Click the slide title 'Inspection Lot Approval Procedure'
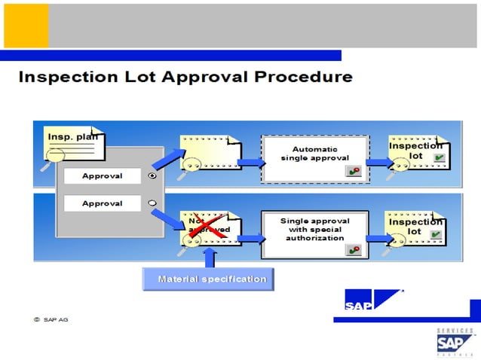click(185, 77)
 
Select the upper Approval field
click(103, 175)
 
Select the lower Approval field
click(103, 203)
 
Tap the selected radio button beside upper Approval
click(153, 175)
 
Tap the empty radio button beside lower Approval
click(153, 203)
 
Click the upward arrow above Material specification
click(210, 258)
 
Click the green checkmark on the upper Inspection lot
click(439, 159)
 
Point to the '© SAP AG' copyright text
click(51, 320)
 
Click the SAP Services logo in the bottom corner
click(455, 341)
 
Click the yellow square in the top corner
click(26, 25)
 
